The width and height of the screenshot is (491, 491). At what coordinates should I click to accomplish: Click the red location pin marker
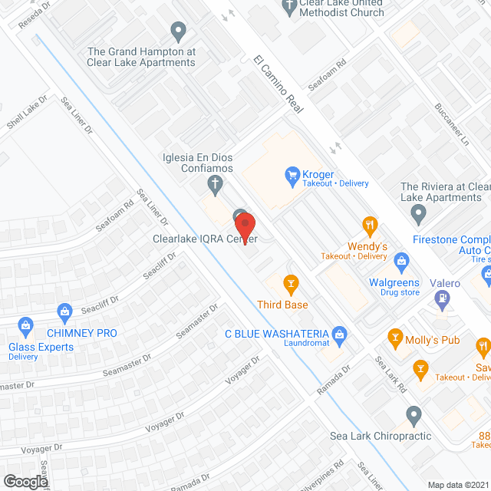tap(245, 228)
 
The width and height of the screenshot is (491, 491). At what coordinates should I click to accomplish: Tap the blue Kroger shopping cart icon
tap(292, 175)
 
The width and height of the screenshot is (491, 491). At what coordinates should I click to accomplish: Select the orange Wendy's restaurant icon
tap(371, 226)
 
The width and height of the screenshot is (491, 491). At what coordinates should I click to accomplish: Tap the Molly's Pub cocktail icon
tap(395, 336)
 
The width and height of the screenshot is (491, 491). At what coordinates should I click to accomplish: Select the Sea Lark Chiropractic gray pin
tap(414, 416)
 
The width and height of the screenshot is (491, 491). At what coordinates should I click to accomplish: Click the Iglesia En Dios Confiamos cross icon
tap(216, 183)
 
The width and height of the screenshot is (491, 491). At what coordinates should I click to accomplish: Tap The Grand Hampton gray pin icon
tap(179, 32)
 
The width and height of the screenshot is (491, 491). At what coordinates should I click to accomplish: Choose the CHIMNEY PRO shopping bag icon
tap(64, 311)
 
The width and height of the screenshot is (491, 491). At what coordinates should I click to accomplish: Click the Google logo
tap(25, 481)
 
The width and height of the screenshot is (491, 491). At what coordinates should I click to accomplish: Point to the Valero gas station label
tap(445, 284)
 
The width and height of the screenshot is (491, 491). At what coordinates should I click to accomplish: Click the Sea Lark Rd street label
tap(391, 375)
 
